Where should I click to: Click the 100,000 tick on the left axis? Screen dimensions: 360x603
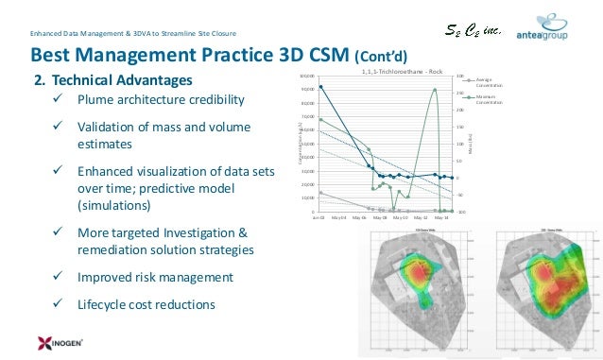pos(307,76)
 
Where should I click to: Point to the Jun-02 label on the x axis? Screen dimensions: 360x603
pos(320,217)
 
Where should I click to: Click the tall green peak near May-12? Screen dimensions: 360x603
pos(435,90)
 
